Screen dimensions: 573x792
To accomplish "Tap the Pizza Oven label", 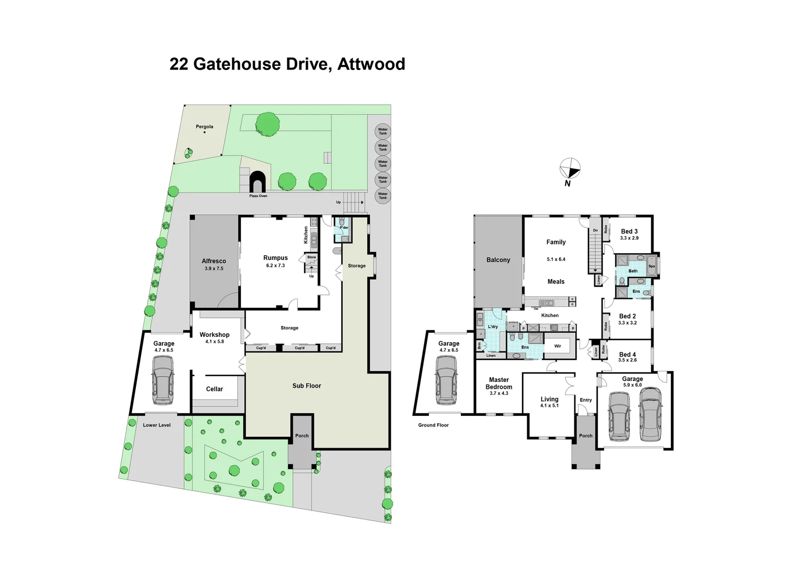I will click(259, 196).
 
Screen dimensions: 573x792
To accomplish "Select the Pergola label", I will click(204, 127).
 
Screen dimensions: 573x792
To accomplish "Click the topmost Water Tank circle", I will click(383, 131).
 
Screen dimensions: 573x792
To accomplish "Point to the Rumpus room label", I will click(276, 258).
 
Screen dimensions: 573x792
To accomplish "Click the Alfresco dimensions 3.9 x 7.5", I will click(214, 268).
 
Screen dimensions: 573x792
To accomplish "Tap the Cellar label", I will click(214, 389).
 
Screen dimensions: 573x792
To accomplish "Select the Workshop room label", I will click(214, 335).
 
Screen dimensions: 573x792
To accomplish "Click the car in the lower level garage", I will click(162, 379).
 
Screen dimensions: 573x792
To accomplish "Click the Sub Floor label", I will click(306, 386).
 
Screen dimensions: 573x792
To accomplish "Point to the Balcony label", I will click(498, 260).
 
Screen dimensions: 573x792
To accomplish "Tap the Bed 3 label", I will click(629, 231).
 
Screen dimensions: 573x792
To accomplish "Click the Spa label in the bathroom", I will click(651, 266).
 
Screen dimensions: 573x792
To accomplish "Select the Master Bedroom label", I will click(499, 383).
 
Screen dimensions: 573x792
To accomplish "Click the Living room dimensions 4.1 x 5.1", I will click(549, 405).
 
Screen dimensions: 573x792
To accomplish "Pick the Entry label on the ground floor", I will click(586, 400).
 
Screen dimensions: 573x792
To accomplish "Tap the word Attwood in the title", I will click(371, 64).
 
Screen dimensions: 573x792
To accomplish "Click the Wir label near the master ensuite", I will click(557, 346).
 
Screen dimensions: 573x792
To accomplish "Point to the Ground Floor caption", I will click(433, 425).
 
